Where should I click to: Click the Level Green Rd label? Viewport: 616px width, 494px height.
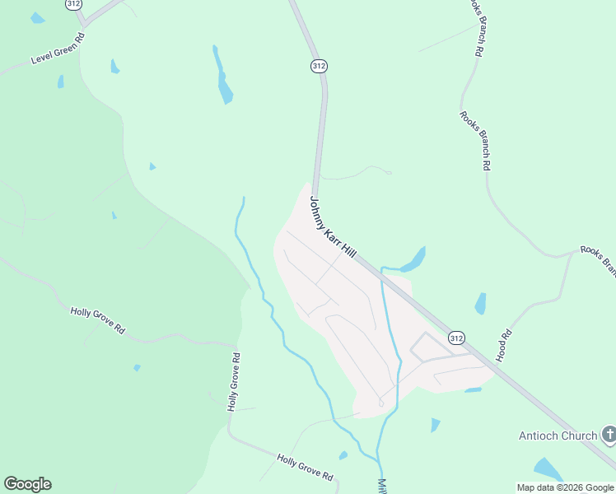pyautogui.click(x=58, y=50)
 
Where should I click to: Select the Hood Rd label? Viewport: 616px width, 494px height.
pyautogui.click(x=505, y=346)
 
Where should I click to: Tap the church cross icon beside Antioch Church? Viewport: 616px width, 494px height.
pyautogui.click(x=609, y=434)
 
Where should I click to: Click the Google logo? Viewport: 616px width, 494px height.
pyautogui.click(x=27, y=484)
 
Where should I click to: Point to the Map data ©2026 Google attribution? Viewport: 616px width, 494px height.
pyautogui.click(x=565, y=487)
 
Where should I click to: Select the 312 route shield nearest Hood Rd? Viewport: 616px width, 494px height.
pyautogui.click(x=457, y=338)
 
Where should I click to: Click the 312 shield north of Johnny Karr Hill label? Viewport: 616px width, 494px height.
pyautogui.click(x=319, y=65)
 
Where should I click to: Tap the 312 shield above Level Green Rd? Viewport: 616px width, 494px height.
pyautogui.click(x=74, y=4)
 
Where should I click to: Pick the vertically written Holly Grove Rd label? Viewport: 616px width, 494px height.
pyautogui.click(x=234, y=382)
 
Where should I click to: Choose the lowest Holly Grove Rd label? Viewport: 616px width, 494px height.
pyautogui.click(x=305, y=467)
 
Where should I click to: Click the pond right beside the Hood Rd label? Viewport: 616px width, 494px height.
pyautogui.click(x=480, y=304)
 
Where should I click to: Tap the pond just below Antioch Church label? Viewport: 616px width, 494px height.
pyautogui.click(x=548, y=469)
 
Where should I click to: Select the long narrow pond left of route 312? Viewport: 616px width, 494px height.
pyautogui.click(x=222, y=77)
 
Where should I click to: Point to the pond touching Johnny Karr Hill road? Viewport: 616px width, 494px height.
pyautogui.click(x=414, y=260)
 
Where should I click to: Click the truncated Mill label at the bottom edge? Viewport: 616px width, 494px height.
pyautogui.click(x=382, y=486)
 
